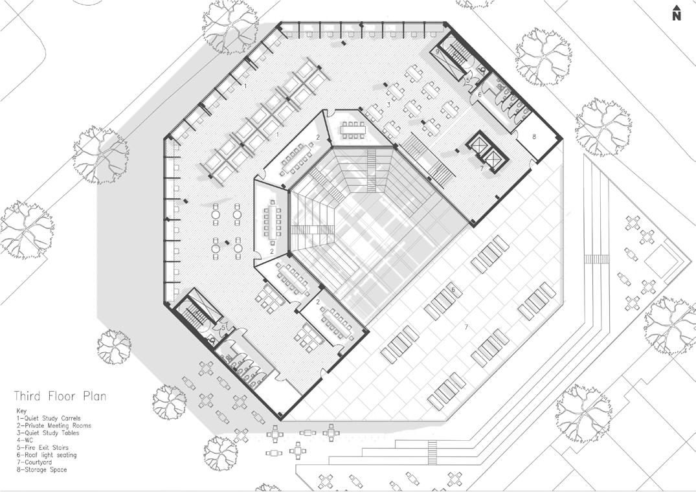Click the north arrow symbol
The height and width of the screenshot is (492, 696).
click(677, 9)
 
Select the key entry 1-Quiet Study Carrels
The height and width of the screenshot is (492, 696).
click(48, 418)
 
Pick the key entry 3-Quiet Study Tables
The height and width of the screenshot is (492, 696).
click(48, 433)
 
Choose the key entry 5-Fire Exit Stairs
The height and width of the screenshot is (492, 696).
click(42, 447)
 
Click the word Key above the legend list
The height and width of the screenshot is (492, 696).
click(22, 411)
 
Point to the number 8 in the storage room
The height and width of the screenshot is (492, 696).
click(535, 137)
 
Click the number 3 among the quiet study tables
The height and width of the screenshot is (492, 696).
click(388, 104)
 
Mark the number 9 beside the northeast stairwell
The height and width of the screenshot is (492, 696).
click(438, 51)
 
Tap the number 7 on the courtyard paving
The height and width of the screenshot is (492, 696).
click(466, 328)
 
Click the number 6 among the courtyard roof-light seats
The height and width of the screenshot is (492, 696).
click(453, 289)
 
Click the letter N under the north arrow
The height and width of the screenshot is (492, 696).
click(677, 17)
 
